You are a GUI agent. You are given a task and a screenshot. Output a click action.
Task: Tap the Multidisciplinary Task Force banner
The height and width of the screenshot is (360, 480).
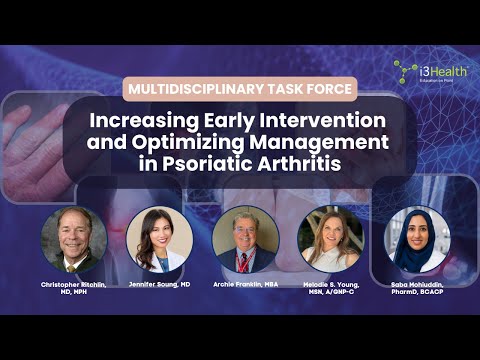pos(239,89)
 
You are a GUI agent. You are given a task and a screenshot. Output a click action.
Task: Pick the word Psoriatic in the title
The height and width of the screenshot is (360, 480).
pos(215,163)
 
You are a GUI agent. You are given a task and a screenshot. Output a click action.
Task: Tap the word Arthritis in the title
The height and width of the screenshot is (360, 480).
pos(311,163)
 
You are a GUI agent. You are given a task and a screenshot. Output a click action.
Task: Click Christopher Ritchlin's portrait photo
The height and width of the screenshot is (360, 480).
pos(74,240)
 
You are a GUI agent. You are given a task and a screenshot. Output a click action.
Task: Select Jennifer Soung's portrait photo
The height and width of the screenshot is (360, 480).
pos(159,240)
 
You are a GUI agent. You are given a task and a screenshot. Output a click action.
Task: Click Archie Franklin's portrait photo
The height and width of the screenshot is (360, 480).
pos(245,240)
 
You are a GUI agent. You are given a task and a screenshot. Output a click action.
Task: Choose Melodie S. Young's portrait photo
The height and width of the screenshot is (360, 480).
pos(329,240)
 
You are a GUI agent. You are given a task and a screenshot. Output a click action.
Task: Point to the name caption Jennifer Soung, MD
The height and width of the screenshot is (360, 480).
pos(160,285)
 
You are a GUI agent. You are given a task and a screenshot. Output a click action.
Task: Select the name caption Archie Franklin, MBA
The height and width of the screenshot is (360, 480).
pos(245,285)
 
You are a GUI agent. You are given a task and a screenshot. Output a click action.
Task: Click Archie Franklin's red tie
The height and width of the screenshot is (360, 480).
pos(245,263)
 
